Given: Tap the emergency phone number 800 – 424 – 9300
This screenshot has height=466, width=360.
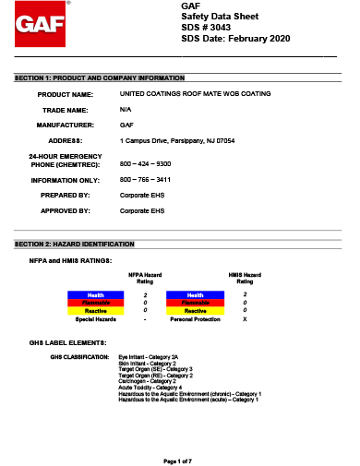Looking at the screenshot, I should pos(146,161).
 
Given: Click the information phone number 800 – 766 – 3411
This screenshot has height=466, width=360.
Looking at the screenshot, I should pos(146,180).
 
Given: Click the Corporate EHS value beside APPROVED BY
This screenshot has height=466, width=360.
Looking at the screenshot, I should pos(142,210).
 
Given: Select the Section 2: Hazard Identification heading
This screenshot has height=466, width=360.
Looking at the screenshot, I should pos(75,244).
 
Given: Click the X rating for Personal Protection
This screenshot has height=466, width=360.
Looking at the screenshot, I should pos(245,318).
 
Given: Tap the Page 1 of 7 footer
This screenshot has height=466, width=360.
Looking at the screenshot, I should pos(177,459).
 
